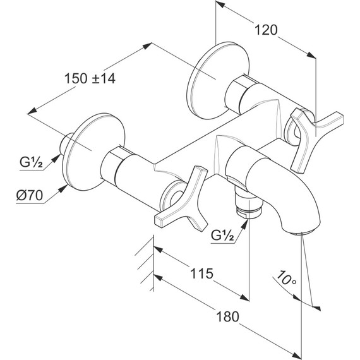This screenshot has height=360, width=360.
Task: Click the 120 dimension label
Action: (266, 30)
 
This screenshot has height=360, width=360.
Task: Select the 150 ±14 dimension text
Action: (90, 78)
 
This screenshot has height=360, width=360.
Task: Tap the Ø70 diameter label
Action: (30, 196)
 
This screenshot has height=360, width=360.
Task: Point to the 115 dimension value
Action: (202, 273)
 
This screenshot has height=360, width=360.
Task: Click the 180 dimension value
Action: (228, 316)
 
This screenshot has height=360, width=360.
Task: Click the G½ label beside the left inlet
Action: (31, 162)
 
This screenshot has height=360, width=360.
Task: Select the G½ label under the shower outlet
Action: (222, 235)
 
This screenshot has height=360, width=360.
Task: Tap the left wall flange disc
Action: (94, 152)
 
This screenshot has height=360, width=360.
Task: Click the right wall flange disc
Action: (218, 81)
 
